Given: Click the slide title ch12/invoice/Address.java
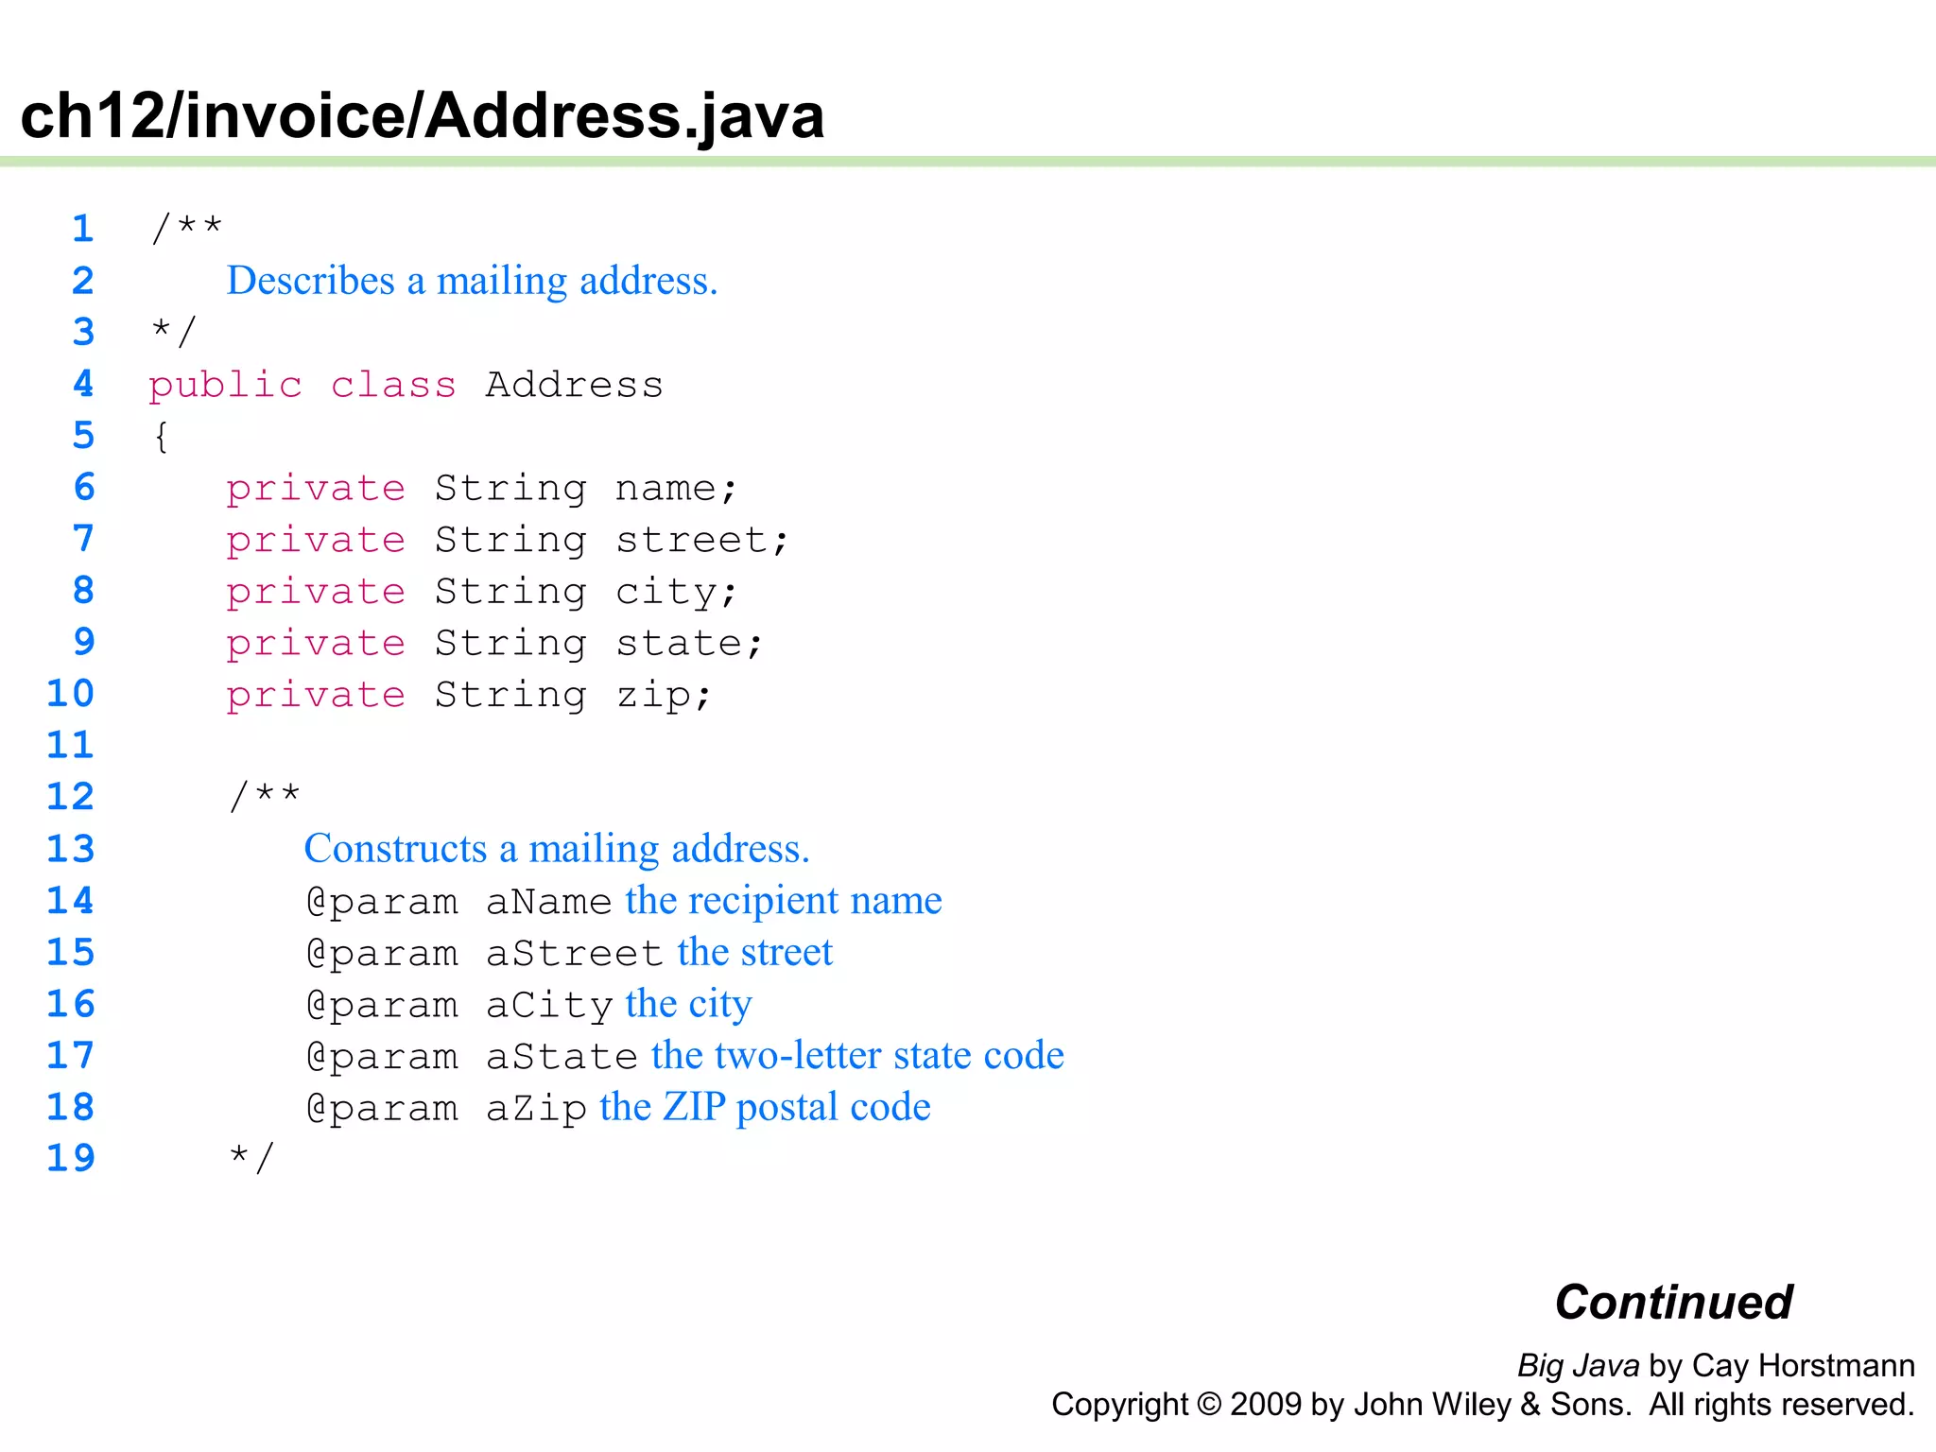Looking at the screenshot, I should pyautogui.click(x=422, y=115).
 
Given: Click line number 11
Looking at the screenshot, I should pyautogui.click(x=71, y=745).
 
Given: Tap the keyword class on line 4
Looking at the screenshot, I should pyautogui.click(x=393, y=385).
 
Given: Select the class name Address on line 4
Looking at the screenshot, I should pyautogui.click(x=574, y=385).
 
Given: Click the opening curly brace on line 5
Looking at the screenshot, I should pyautogui.click(x=162, y=437).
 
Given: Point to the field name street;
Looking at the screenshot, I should pyautogui.click(x=701, y=540).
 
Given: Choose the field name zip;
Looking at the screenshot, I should pyautogui.click(x=664, y=696).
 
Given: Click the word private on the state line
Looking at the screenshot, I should pyautogui.click(x=316, y=644).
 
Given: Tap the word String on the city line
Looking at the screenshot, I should pyautogui.click(x=510, y=592).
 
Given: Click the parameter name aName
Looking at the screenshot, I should pyautogui.click(x=548, y=902).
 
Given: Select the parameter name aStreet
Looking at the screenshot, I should pyautogui.click(x=574, y=953).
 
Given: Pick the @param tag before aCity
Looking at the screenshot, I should pyautogui.click(x=382, y=1005).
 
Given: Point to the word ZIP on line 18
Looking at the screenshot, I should pyautogui.click(x=693, y=1107).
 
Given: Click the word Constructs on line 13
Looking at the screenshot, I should pyautogui.click(x=395, y=849).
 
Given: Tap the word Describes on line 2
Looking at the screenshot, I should pyautogui.click(x=311, y=281).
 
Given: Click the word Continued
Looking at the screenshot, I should pyautogui.click(x=1673, y=1302).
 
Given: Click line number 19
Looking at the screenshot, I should pyautogui.click(x=71, y=1158).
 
